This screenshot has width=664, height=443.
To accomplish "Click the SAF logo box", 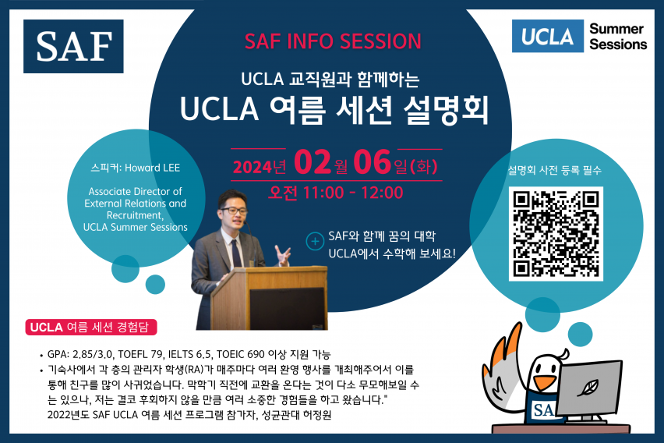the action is tap(73, 46).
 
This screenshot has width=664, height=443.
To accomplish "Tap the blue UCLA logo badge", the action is tap(548, 36).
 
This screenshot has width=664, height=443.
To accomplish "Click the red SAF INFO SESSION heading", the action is tap(333, 41).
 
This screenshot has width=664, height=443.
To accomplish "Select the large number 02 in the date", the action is tap(313, 162).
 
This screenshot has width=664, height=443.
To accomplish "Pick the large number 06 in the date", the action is tap(373, 162).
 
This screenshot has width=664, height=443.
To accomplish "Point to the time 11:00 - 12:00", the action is tap(353, 193).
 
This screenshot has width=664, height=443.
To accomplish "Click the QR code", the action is tap(556, 234).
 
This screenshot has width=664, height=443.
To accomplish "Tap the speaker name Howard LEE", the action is tap(153, 168).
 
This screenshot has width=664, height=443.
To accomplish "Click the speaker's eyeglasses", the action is tap(233, 211).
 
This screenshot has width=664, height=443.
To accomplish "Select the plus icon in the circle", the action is tap(315, 241).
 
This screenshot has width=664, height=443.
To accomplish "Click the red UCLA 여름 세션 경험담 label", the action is tap(91, 328).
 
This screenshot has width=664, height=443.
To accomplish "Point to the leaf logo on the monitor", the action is tap(589, 387).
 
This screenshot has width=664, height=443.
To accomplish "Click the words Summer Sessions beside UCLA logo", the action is tap(618, 37).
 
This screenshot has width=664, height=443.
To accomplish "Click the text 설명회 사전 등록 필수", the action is tap(555, 170).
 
